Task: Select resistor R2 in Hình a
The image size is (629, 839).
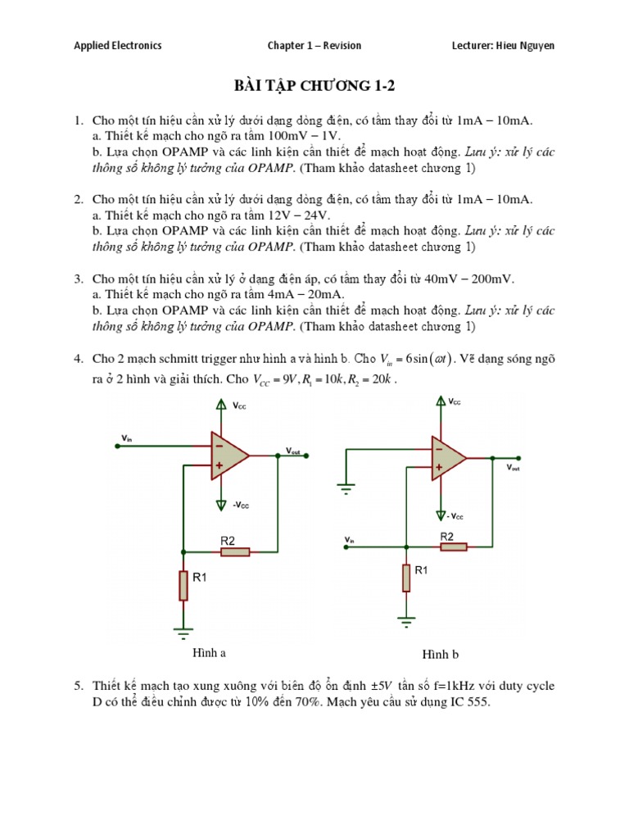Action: click(x=234, y=552)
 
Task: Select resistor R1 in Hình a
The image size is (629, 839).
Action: click(x=183, y=585)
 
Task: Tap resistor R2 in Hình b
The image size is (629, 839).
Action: click(x=452, y=547)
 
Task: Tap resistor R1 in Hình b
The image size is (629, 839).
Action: click(x=405, y=578)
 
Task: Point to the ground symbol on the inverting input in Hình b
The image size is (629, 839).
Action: click(x=347, y=490)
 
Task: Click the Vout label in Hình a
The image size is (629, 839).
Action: click(x=292, y=451)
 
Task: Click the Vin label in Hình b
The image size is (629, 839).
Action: click(x=350, y=539)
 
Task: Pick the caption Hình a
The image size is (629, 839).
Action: click(x=209, y=653)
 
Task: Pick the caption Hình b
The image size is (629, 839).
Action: click(x=441, y=655)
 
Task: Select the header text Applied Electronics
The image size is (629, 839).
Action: click(x=118, y=46)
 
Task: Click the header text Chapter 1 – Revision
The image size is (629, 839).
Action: click(x=314, y=46)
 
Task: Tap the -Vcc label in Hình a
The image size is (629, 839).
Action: click(x=241, y=506)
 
